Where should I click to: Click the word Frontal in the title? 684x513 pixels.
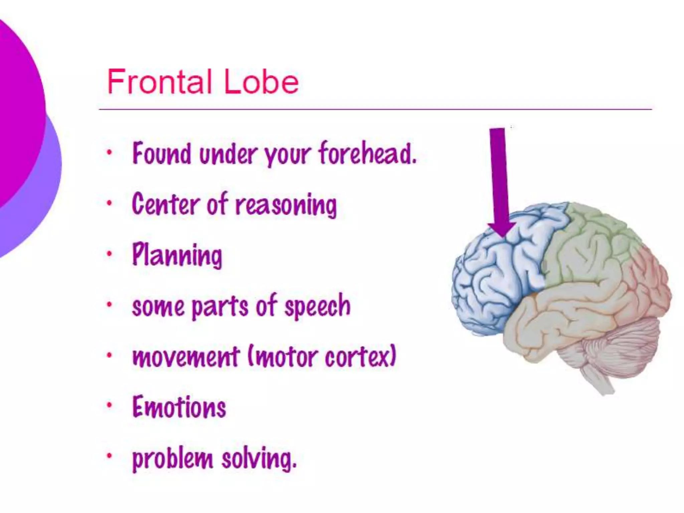[x=160, y=82]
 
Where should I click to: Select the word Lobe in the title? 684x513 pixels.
[x=261, y=82]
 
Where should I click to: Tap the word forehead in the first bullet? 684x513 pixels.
[x=368, y=154]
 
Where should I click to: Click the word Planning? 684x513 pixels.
[x=177, y=255]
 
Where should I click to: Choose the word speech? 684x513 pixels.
[x=317, y=306]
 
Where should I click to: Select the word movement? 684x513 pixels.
[x=186, y=357]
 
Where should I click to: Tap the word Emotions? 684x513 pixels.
[x=179, y=407]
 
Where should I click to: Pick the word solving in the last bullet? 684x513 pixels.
[x=259, y=459]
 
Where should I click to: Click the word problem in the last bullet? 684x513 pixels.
[x=172, y=459]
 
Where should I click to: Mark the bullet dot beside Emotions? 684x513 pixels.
[x=109, y=405]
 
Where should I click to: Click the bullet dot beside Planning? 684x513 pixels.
[x=109, y=254]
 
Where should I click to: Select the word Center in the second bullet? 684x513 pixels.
[x=165, y=204]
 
